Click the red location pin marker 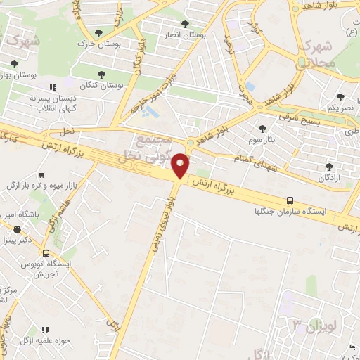181,166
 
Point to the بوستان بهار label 18,74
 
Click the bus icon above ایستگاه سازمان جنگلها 290,200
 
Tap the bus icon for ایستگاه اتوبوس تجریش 45,253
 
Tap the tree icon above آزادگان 330,167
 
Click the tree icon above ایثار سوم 262,129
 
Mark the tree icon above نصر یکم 341,97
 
